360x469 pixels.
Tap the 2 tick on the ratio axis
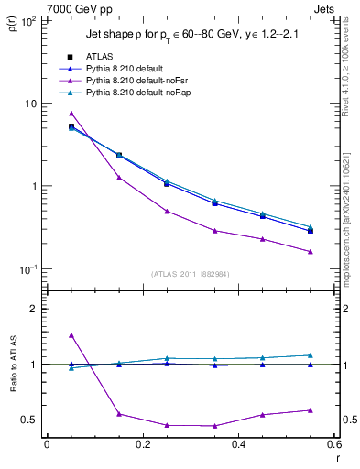tap(32, 309)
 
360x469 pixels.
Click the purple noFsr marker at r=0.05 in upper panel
tap(71, 114)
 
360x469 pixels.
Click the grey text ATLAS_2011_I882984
tap(190, 274)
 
